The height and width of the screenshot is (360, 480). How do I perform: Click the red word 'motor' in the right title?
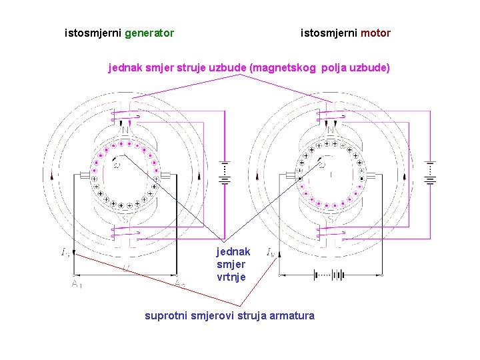tap(376, 33)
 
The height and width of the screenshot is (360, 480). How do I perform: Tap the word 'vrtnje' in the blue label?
tap(231, 277)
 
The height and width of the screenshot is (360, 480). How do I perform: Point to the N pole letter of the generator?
tap(125, 130)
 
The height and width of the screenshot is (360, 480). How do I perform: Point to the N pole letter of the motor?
tap(331, 130)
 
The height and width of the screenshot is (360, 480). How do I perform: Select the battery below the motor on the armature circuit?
tap(329, 274)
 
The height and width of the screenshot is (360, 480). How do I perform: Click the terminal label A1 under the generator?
tap(77, 285)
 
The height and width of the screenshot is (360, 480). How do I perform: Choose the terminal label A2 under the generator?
tap(180, 285)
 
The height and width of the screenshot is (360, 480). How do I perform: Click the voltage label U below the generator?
tap(126, 268)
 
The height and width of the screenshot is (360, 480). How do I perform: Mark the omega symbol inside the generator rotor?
tap(117, 165)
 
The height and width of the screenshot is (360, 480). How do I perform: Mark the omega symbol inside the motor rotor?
tap(322, 165)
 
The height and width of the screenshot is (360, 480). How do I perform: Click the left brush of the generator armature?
tap(85, 176)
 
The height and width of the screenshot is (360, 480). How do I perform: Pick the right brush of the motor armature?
tap(371, 176)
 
